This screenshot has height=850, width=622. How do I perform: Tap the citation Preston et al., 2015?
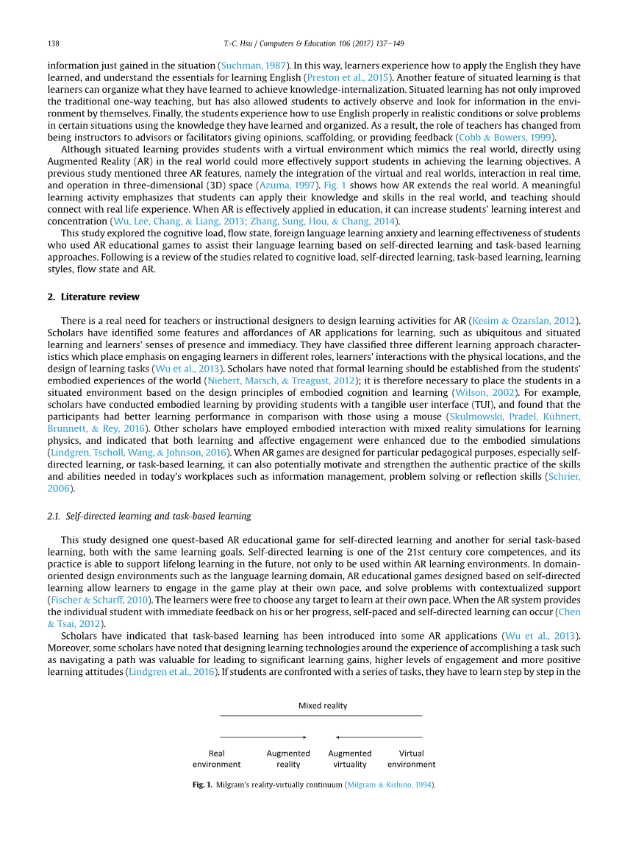[347, 77]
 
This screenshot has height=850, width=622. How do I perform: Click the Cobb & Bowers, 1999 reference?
[507, 138]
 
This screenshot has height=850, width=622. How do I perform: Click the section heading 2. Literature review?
[93, 297]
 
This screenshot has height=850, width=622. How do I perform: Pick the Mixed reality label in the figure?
[323, 705]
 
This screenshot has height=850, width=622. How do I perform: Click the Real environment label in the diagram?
[217, 759]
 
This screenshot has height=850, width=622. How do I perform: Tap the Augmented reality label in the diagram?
[288, 759]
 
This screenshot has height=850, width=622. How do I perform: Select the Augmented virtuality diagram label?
[350, 759]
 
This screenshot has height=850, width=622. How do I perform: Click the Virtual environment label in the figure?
[412, 759]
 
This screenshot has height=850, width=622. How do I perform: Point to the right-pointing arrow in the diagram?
[263, 737]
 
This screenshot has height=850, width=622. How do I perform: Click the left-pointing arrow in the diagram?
[379, 737]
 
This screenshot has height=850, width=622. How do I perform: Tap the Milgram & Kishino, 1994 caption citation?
[389, 785]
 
